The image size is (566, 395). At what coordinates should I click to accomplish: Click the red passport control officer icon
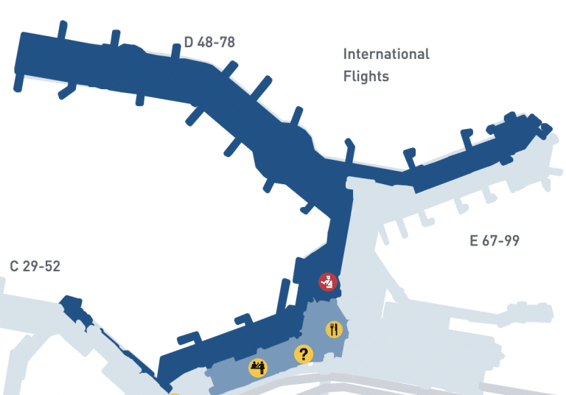(327, 281)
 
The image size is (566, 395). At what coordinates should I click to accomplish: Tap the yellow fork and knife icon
(334, 329)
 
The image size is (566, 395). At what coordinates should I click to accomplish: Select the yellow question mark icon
(303, 354)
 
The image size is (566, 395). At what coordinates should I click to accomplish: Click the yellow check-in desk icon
(258, 367)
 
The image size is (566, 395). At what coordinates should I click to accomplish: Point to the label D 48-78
(209, 42)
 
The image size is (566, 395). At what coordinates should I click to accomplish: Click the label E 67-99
(495, 241)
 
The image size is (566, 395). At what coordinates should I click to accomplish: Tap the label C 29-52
(35, 266)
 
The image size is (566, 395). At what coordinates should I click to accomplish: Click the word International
(386, 54)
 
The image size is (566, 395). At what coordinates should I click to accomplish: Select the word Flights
(366, 76)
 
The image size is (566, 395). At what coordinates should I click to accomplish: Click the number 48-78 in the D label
(217, 42)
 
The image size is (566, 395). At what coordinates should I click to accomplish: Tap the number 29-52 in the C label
(42, 266)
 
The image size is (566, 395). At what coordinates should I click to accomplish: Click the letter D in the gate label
(189, 42)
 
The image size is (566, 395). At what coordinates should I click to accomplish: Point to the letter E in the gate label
(475, 241)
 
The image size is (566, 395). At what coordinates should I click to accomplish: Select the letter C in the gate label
(14, 266)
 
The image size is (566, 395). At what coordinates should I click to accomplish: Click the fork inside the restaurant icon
(332, 329)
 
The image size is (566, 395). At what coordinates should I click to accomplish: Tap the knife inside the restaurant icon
(337, 329)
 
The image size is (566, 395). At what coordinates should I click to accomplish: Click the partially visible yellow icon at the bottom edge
(174, 394)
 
